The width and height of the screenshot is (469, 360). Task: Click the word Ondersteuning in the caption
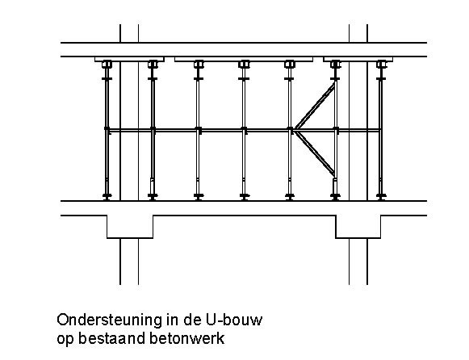[x=109, y=320]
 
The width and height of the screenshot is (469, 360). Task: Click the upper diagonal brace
[x=314, y=107]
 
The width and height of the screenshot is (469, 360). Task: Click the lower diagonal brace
[x=314, y=153]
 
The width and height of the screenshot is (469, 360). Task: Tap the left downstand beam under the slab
[x=130, y=227]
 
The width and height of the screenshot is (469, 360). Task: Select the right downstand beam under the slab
[x=358, y=227]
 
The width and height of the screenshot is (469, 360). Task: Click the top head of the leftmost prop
[x=107, y=65]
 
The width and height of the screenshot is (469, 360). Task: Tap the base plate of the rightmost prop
[x=381, y=196]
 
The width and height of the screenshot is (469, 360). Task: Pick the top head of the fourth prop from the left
[x=244, y=65]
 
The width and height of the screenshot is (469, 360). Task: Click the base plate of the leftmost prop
[x=107, y=196]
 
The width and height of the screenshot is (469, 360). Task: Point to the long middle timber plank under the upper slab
[x=244, y=59]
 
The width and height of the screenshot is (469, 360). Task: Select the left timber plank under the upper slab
[x=129, y=59]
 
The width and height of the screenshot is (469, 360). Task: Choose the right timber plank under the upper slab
[x=358, y=59]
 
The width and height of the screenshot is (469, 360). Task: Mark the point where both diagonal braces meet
[x=294, y=131]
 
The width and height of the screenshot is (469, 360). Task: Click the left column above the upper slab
[x=129, y=33]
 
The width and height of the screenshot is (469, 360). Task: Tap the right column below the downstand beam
[x=358, y=262]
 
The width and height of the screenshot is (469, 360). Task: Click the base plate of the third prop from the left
[x=199, y=196]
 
